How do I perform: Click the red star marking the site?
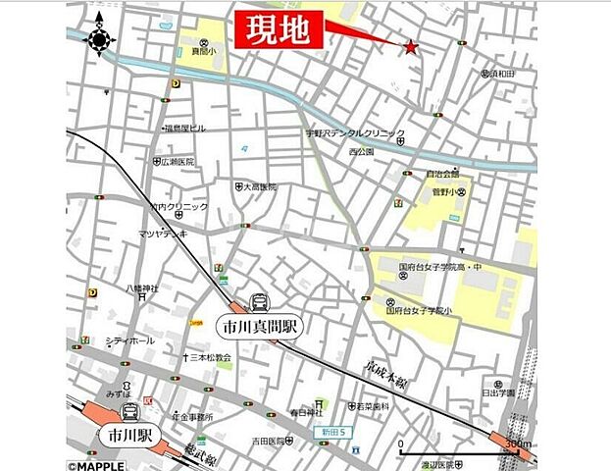(410, 46)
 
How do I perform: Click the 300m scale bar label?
(517, 445)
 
